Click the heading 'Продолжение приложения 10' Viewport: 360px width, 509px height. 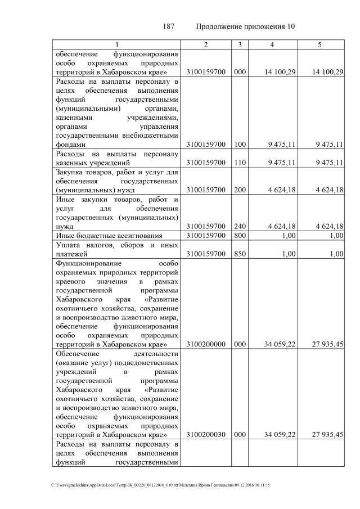tap(245, 26)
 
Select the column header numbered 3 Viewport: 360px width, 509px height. tap(240, 44)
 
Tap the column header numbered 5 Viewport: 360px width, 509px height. tap(319, 44)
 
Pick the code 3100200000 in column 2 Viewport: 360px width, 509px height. tap(206, 343)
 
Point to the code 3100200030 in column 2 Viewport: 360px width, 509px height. tap(206, 435)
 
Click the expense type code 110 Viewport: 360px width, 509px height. tap(240, 163)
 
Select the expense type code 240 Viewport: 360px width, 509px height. tap(240, 226)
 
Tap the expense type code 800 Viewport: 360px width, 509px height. tap(240, 236)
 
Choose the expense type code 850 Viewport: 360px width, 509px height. tap(240, 254)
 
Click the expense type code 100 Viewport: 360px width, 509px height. tap(240, 145)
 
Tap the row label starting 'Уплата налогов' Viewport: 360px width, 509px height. tap(117, 249)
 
